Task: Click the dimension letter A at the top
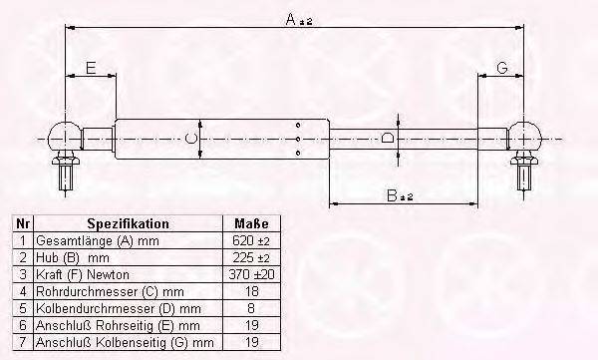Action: tap(291, 18)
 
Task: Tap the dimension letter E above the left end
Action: tap(91, 68)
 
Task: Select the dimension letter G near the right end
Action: tap(502, 68)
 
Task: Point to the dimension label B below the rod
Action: tap(392, 195)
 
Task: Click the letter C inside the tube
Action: tap(190, 139)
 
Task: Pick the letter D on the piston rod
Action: tap(388, 138)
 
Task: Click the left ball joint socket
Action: tap(65, 137)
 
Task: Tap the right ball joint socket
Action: tap(525, 137)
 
